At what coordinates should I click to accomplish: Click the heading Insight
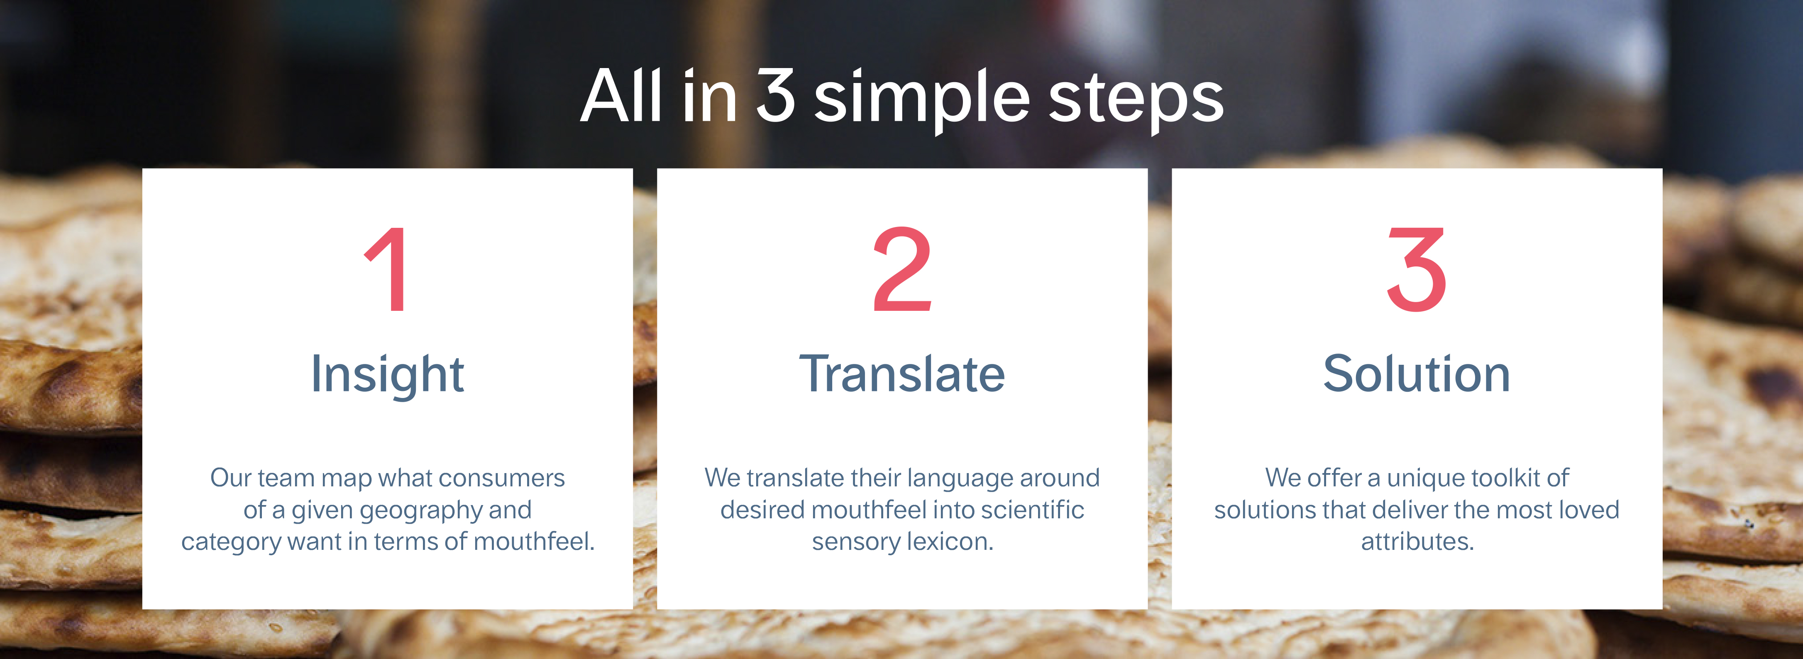(x=387, y=376)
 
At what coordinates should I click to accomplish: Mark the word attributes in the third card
(x=1417, y=542)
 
